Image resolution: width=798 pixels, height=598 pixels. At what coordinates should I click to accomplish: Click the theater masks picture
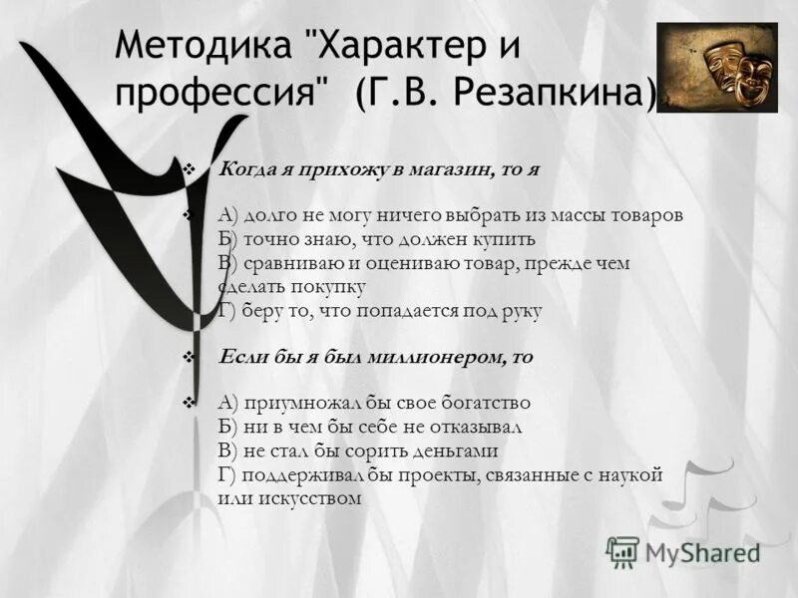(716, 68)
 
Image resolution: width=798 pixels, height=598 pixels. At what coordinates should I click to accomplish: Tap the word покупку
(330, 287)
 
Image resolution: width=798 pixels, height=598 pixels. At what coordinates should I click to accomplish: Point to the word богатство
(483, 403)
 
